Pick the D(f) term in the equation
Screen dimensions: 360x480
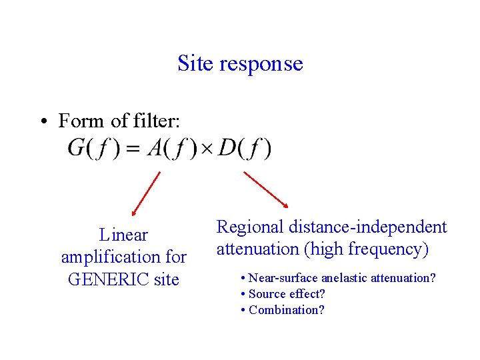[245, 148]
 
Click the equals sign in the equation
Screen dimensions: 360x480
[133, 149]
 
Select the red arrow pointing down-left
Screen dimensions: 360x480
[146, 194]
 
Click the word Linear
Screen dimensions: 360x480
[123, 235]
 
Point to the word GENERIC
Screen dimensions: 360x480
[108, 279]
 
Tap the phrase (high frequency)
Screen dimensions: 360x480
[365, 249]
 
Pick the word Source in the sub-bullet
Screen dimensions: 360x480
[268, 294]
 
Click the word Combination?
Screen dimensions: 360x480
[287, 310]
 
